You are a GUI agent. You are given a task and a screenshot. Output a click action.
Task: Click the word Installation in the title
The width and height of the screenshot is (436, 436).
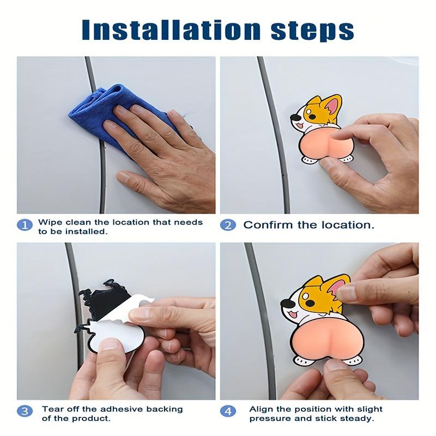(x=171, y=29)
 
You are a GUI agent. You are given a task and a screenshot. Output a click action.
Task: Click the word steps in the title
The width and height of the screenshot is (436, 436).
(x=312, y=31)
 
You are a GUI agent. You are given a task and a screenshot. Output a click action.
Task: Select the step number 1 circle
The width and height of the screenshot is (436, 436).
(x=25, y=225)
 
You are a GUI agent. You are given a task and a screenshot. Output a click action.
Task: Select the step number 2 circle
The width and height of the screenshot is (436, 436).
(x=228, y=225)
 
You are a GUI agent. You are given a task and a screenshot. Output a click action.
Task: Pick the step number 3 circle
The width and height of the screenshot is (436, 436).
(x=25, y=411)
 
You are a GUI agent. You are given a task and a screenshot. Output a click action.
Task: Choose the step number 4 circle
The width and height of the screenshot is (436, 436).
(x=228, y=411)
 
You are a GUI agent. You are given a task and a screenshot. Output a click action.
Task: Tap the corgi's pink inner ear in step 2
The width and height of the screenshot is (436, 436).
(x=332, y=106)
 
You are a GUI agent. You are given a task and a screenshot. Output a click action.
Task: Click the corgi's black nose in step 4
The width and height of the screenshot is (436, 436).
(x=286, y=304)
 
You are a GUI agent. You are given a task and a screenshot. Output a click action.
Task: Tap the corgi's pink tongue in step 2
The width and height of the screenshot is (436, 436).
(x=299, y=126)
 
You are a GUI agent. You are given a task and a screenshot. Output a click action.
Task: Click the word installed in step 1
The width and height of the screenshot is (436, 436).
(x=86, y=231)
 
